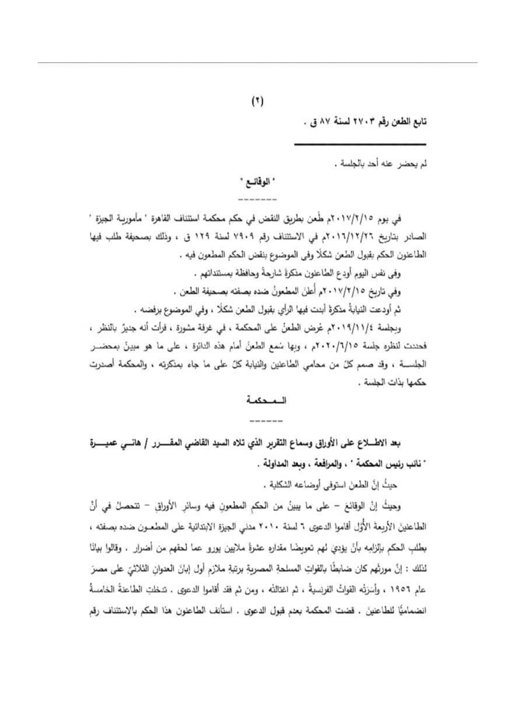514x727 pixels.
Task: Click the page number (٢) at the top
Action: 257,101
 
